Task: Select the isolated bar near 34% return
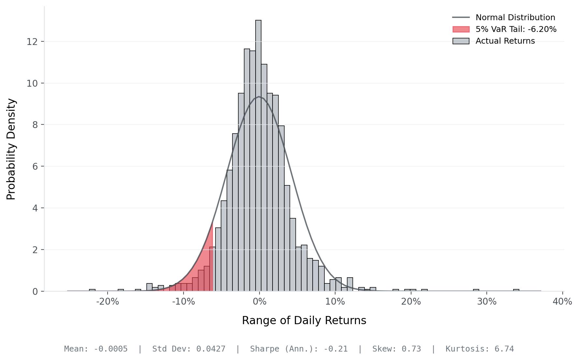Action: (516, 290)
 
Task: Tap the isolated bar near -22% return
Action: (92, 290)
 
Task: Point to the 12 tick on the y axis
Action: (32, 42)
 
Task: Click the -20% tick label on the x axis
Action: (108, 302)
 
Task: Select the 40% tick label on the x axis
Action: (562, 302)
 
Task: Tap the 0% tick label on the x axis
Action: (260, 302)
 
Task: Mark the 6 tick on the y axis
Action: (35, 166)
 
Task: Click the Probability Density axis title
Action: (11, 149)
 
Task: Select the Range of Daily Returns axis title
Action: (304, 321)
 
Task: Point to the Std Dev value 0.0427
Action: (211, 349)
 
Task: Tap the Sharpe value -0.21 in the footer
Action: (335, 349)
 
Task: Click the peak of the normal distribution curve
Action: (259, 97)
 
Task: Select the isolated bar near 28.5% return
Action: (476, 290)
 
